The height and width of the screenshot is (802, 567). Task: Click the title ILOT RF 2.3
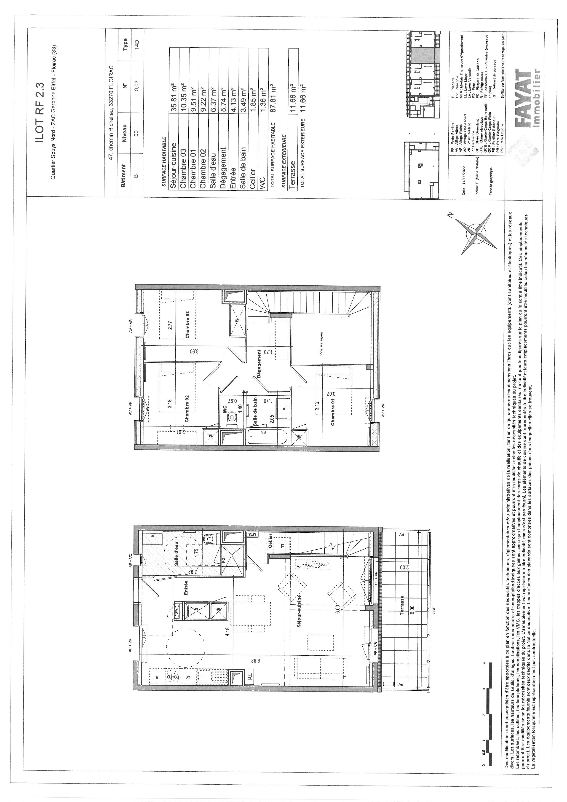click(x=39, y=113)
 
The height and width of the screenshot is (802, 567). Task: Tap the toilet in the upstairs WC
click(x=231, y=417)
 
